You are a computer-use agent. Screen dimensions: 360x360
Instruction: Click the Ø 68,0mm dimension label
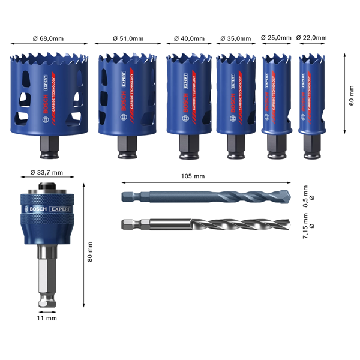pyautogui.click(x=47, y=38)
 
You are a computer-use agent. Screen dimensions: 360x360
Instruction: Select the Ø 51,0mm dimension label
pyautogui.click(x=127, y=38)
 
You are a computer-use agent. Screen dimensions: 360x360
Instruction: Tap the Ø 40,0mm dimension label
pyautogui.click(x=188, y=38)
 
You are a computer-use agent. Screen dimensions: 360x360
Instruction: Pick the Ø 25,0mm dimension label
pyautogui.click(x=275, y=37)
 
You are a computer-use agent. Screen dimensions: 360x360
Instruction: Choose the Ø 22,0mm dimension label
pyautogui.click(x=311, y=37)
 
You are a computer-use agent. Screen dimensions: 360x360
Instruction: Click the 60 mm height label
pyautogui.click(x=352, y=94)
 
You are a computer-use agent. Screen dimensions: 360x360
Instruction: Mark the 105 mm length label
pyautogui.click(x=193, y=176)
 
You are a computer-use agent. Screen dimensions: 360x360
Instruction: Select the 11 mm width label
pyautogui.click(x=47, y=318)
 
